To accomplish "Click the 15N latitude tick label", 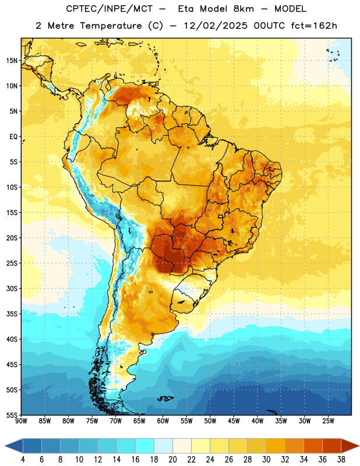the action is point(12,61).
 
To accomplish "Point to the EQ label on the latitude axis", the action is point(13,137).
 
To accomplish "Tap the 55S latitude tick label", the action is point(12,415).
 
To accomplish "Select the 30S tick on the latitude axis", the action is point(12,288).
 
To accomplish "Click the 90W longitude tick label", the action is point(21,421).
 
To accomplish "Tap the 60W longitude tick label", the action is point(163,421).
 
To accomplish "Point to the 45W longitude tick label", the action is point(234,421).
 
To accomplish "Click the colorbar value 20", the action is point(172,460).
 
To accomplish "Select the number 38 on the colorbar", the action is point(341,460).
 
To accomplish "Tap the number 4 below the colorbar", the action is point(23,460).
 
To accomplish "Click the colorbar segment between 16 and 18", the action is point(145,446).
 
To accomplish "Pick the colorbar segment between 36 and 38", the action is point(332,446).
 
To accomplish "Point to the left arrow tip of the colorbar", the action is point(5,446).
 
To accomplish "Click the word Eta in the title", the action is point(186,9).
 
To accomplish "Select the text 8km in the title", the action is point(243,9).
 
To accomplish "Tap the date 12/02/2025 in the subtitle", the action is point(216,26).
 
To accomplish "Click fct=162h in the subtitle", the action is point(314,26).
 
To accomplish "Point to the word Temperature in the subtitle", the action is point(111,26).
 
